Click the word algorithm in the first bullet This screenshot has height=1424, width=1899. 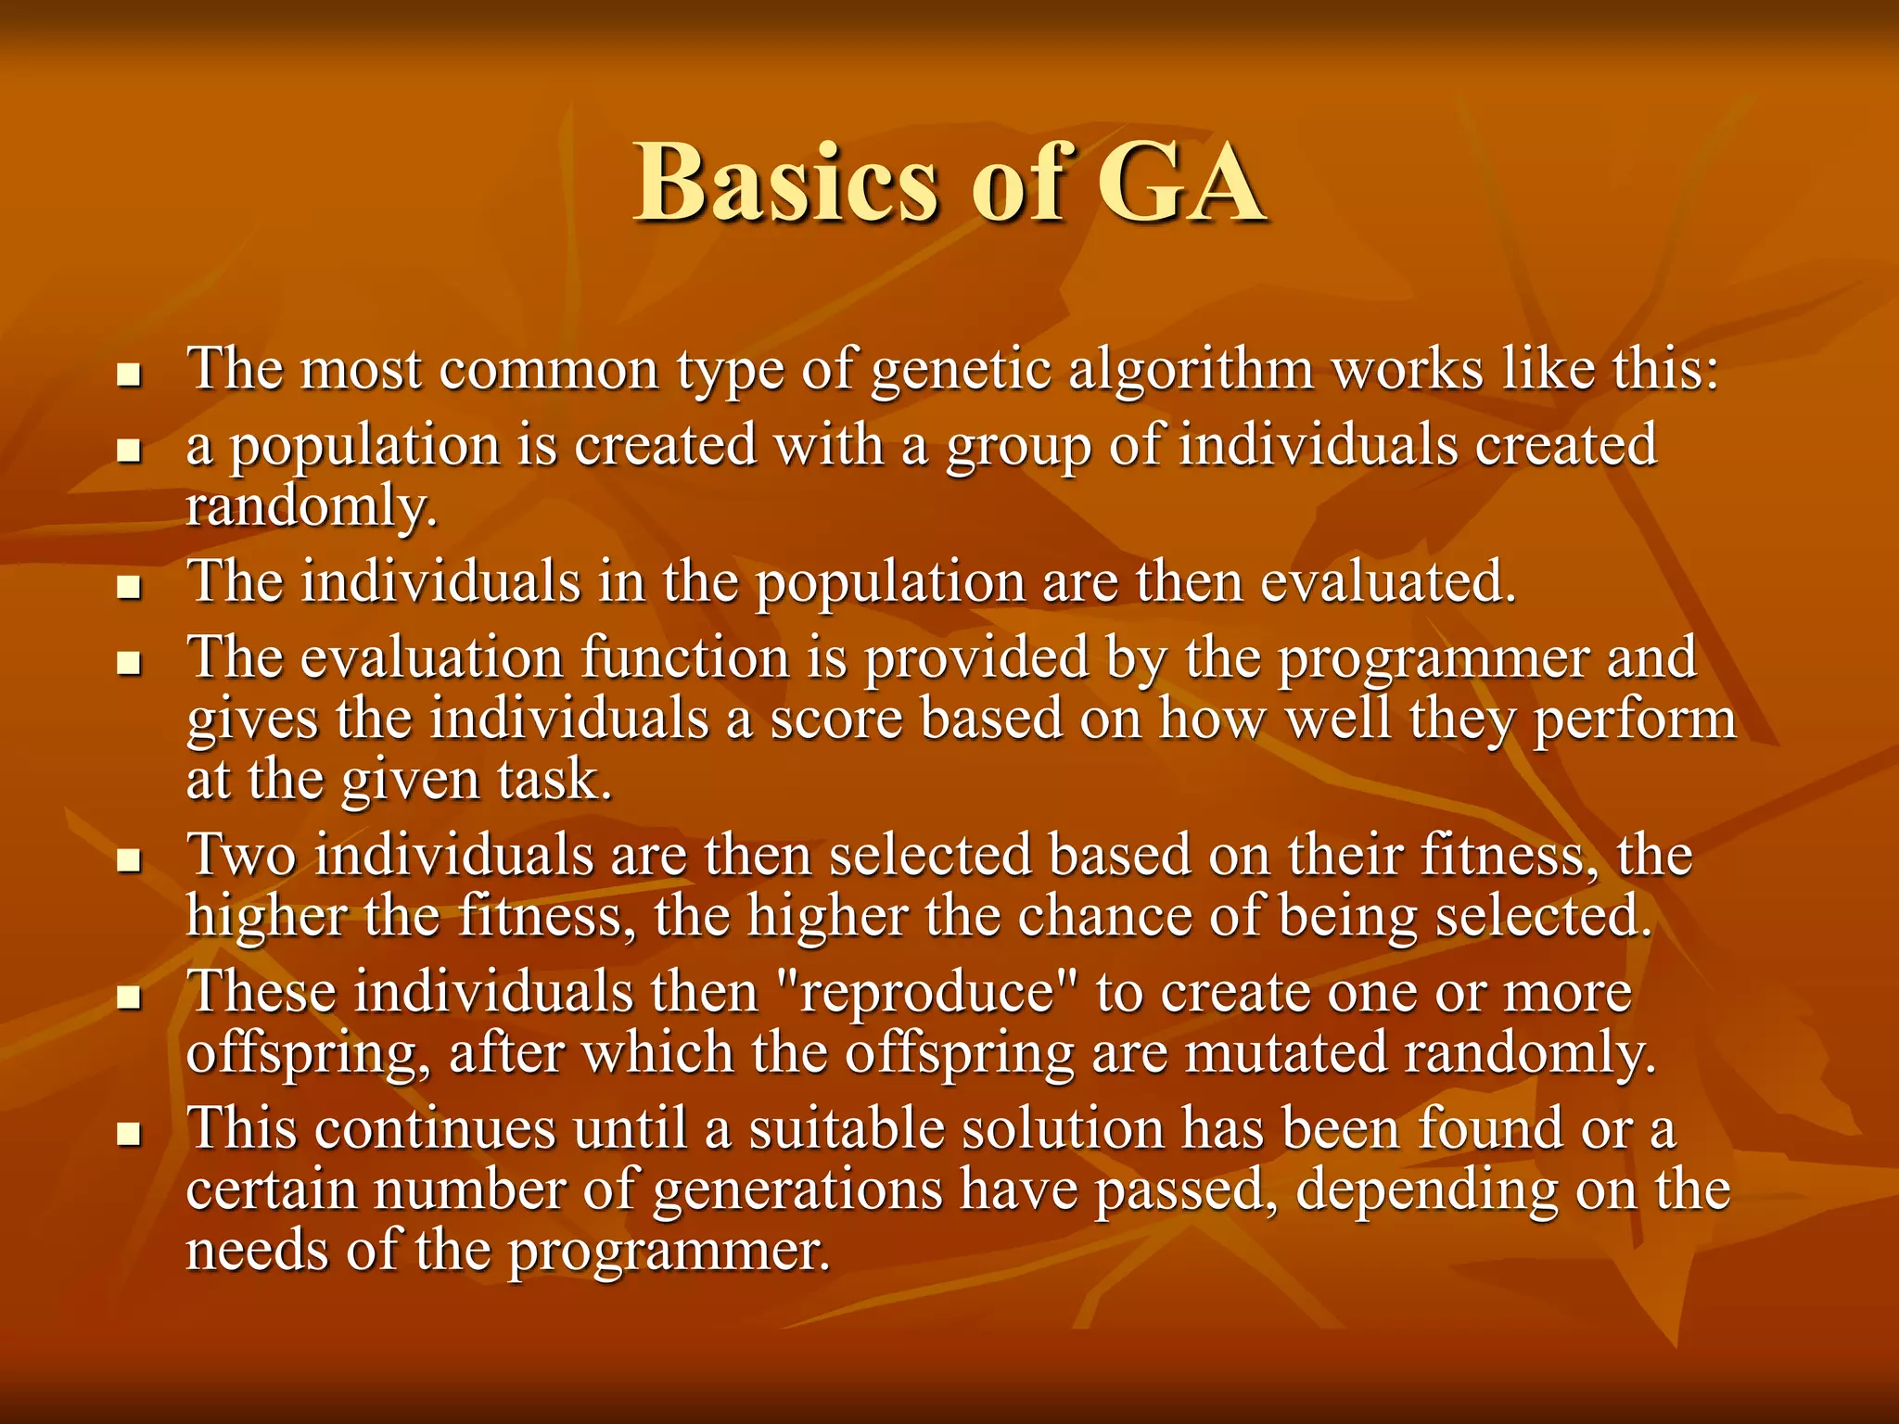pyautogui.click(x=1191, y=370)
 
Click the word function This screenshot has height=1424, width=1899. pyautogui.click(x=685, y=658)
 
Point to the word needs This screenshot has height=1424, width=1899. pyautogui.click(x=257, y=1252)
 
